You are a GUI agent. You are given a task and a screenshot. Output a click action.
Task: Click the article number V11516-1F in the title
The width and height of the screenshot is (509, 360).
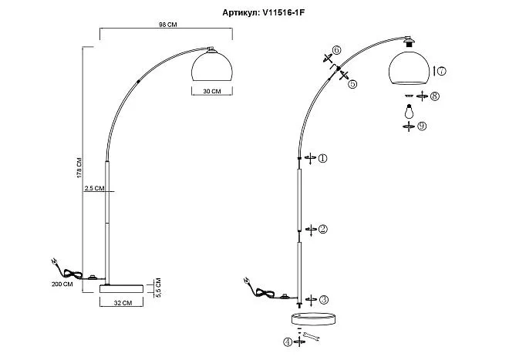[283, 12]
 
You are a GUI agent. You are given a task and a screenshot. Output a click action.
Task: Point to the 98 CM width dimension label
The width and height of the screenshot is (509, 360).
[168, 25]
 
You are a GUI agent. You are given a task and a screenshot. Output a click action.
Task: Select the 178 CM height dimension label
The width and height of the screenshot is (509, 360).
[79, 168]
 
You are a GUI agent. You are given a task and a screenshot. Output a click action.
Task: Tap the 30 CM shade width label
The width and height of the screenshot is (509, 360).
[212, 91]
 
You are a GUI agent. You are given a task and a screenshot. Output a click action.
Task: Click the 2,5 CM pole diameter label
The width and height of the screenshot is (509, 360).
[94, 188]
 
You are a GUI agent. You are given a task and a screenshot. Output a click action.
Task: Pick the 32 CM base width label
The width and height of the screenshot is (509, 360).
[123, 302]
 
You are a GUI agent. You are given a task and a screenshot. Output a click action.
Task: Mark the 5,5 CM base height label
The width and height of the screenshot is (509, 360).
[158, 288]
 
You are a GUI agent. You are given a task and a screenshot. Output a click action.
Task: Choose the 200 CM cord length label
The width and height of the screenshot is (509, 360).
[62, 284]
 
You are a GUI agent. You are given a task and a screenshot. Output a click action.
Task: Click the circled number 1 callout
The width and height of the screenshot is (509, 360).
[322, 158]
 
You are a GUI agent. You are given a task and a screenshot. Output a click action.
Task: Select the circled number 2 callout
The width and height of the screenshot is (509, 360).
[322, 229]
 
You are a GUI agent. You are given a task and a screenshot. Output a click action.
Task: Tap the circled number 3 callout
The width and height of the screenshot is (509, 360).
[324, 300]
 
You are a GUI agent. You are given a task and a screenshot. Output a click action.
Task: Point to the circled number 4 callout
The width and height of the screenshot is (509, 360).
[288, 342]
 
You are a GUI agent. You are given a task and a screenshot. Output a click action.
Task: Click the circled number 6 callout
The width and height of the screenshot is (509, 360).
[336, 50]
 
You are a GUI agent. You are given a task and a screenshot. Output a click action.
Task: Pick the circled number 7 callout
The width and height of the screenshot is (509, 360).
[441, 71]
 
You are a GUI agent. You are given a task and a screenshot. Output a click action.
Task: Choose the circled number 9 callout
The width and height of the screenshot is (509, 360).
[421, 126]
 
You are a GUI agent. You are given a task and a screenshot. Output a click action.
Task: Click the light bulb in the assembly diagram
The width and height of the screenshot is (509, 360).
[409, 111]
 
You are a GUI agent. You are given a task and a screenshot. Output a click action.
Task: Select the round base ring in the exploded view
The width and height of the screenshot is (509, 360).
[313, 319]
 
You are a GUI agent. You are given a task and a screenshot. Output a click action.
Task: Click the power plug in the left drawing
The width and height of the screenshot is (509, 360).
[55, 261]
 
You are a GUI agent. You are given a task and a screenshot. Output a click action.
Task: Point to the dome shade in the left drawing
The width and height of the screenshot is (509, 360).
[212, 66]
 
